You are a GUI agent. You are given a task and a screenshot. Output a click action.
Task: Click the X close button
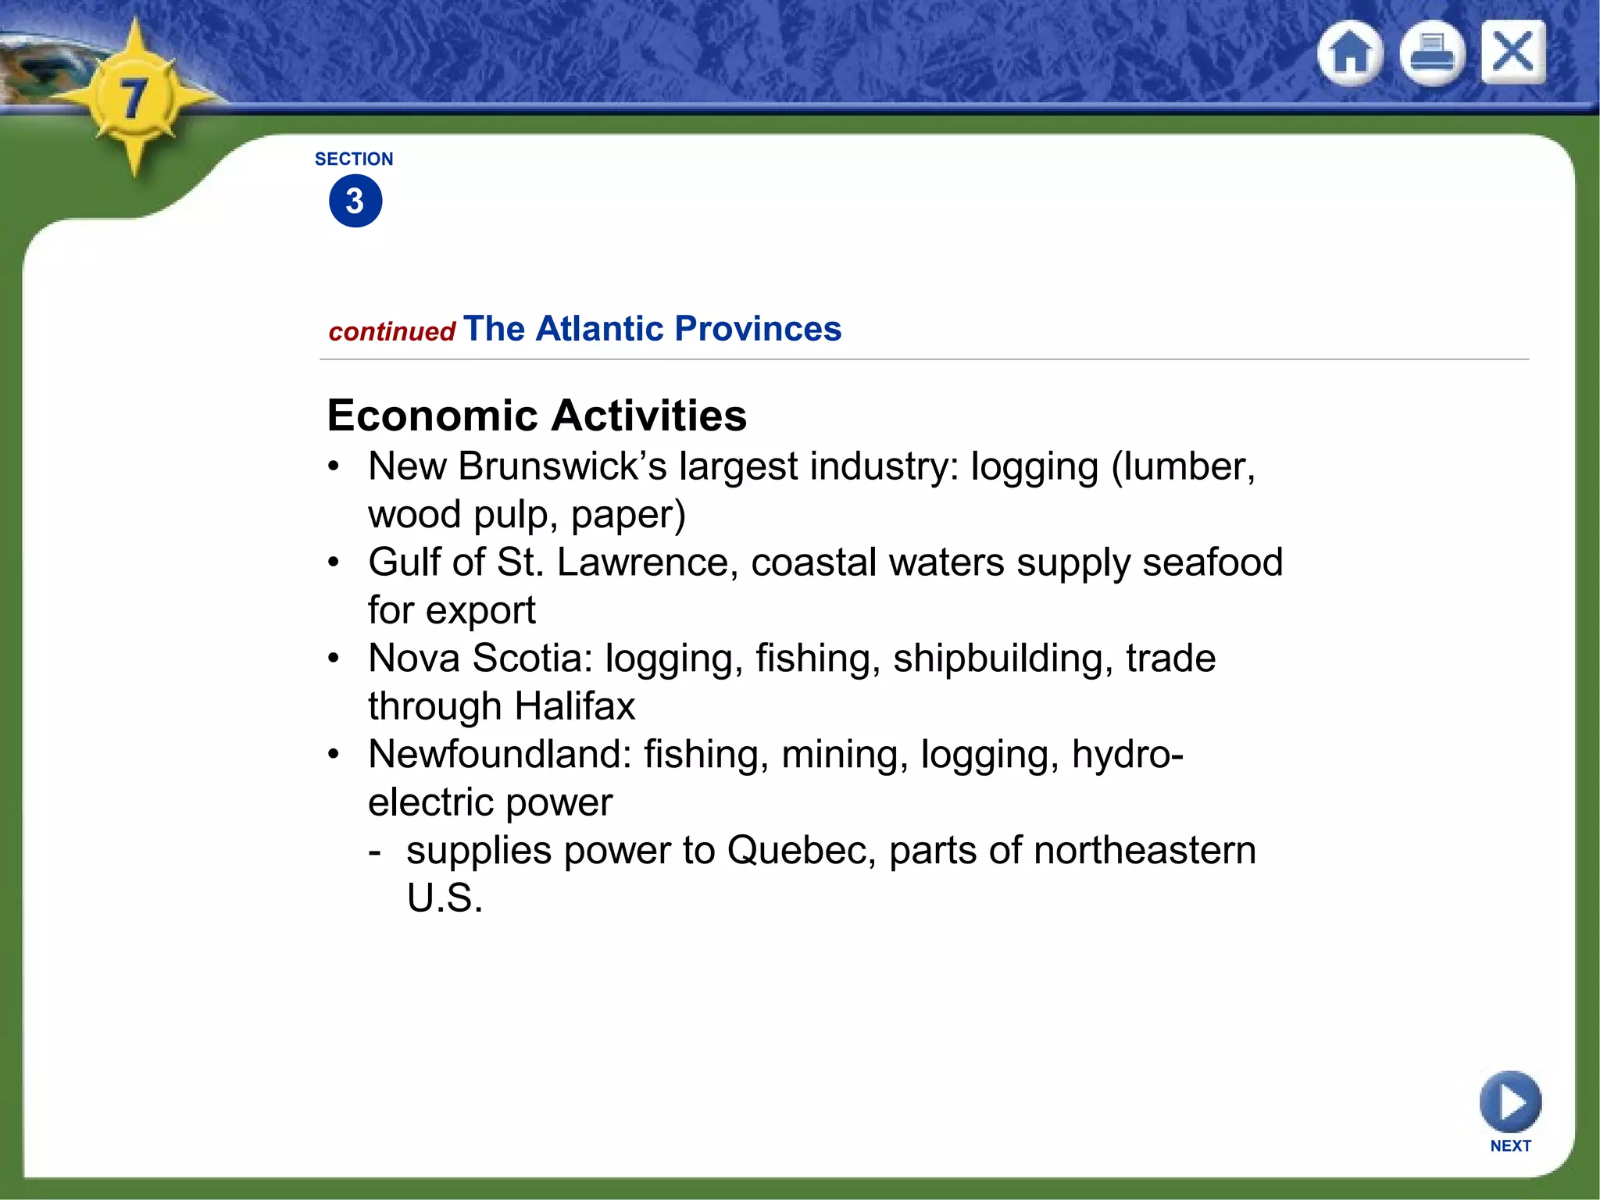click(x=1513, y=52)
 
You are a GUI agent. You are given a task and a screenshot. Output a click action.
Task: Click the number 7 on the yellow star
click(x=134, y=99)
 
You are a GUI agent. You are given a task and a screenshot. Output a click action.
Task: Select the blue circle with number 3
click(x=355, y=201)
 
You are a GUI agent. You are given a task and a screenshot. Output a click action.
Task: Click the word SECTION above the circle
click(x=354, y=159)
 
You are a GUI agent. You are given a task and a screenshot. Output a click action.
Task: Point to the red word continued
click(x=391, y=332)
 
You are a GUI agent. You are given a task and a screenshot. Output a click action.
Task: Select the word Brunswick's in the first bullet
click(x=562, y=466)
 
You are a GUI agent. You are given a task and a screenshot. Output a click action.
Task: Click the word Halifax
click(x=575, y=706)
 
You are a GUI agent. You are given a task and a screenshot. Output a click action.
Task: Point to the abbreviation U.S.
click(x=445, y=898)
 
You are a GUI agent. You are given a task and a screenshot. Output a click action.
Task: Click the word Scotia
click(x=531, y=659)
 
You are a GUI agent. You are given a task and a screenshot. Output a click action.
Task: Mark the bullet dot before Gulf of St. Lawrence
click(x=334, y=562)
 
